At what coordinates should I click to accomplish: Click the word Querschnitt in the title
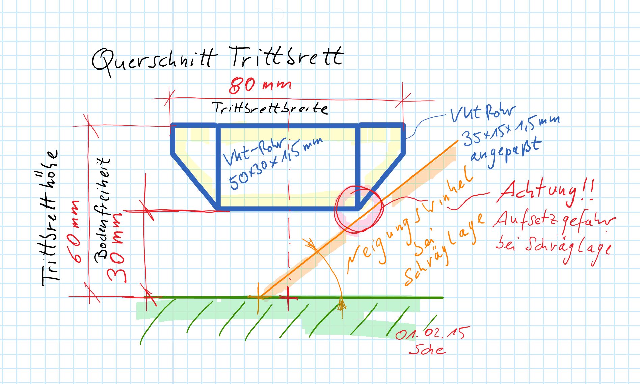(x=154, y=61)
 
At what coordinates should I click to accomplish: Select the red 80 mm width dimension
(x=260, y=85)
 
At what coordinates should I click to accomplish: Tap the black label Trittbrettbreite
(x=270, y=108)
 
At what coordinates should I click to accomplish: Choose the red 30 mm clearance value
(x=116, y=248)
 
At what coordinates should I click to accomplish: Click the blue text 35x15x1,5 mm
(x=510, y=130)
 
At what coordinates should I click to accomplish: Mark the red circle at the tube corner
(x=358, y=209)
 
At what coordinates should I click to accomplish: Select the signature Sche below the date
(x=427, y=349)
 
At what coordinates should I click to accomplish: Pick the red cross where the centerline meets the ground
(x=288, y=298)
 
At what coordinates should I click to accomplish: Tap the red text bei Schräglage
(x=554, y=248)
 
